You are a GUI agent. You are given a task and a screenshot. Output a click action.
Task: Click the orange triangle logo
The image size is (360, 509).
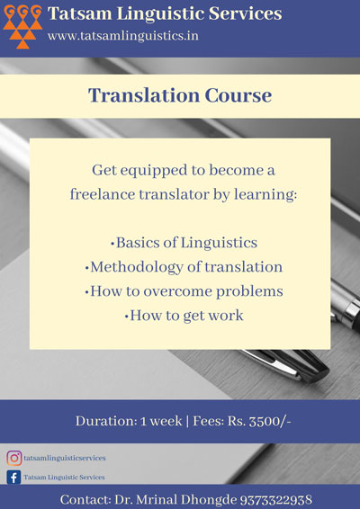click(22, 27)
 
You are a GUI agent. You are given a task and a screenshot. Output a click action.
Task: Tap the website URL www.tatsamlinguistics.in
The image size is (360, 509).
click(123, 36)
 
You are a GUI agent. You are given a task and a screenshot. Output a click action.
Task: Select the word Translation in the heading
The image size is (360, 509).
click(144, 95)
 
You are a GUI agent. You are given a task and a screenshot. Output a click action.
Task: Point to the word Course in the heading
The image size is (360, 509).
click(238, 95)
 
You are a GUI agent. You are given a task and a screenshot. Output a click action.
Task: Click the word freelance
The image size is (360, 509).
click(103, 194)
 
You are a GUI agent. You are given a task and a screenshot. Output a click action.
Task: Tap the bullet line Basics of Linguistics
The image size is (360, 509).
click(184, 243)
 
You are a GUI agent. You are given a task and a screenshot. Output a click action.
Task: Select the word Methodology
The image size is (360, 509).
click(137, 267)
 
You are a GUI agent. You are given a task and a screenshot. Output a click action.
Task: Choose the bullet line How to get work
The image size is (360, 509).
click(184, 316)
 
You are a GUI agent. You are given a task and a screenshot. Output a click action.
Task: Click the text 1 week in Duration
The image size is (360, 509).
click(161, 422)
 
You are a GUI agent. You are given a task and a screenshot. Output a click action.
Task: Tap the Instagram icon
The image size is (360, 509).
click(14, 458)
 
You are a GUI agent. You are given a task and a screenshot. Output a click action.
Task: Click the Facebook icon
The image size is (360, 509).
click(13, 478)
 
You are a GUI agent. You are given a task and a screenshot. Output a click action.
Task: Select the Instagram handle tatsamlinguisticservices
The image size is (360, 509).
click(65, 458)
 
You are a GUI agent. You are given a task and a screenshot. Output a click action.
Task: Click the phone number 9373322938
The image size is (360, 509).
click(276, 500)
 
